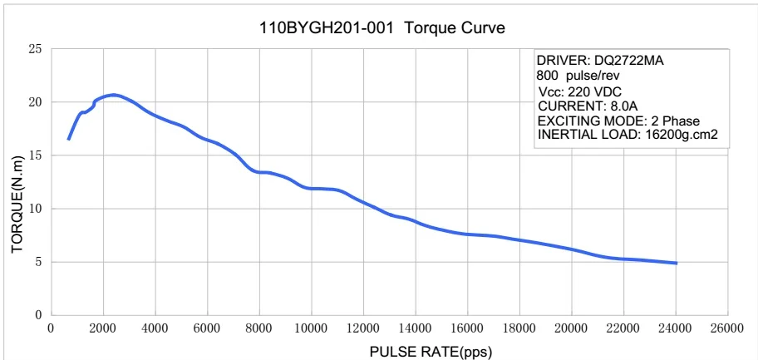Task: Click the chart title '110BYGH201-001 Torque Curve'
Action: click(x=382, y=27)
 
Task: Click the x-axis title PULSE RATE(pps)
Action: click(x=431, y=351)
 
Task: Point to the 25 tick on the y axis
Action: click(x=35, y=49)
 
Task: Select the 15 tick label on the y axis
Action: click(x=35, y=155)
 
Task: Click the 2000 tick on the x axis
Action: click(x=104, y=328)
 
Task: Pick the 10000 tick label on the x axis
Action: click(x=312, y=328)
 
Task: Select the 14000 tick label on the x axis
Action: click(x=416, y=328)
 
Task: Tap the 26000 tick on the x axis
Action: click(x=727, y=328)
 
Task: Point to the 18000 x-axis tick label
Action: click(x=519, y=328)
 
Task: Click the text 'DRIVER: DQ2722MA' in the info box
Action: click(x=600, y=61)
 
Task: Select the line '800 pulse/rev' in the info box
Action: click(x=578, y=76)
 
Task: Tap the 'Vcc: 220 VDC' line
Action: click(x=580, y=91)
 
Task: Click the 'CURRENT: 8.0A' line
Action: click(x=588, y=106)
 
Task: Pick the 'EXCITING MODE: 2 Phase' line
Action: click(x=619, y=121)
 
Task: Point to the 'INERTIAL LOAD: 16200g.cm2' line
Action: click(x=628, y=135)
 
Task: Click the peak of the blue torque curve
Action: click(x=113, y=95)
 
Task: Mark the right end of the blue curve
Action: click(x=677, y=263)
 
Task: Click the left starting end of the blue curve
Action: click(x=68, y=139)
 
